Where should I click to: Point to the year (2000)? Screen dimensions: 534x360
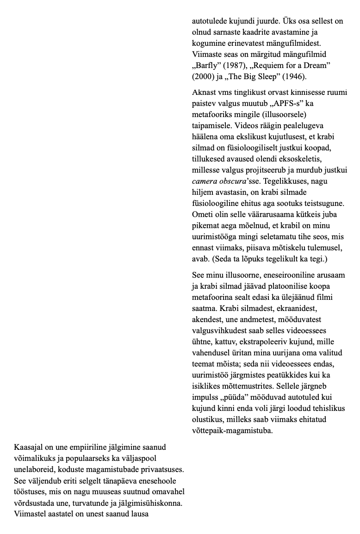[x=203, y=76]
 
